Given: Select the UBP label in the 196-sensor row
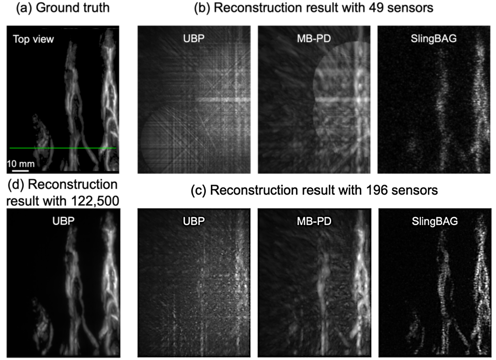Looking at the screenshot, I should (193, 219).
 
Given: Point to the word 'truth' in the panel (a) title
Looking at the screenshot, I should (97, 8).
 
